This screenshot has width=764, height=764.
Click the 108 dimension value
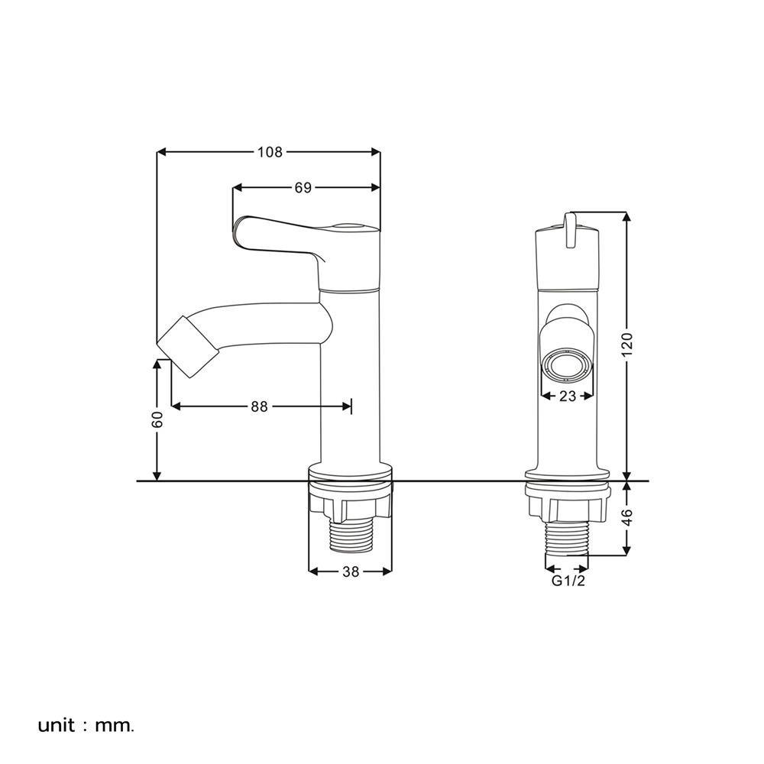point(270,153)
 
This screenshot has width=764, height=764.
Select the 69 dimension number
point(303,188)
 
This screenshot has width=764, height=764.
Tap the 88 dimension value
point(259,406)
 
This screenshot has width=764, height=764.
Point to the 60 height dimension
point(157,419)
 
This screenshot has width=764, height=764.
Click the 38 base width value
point(351,571)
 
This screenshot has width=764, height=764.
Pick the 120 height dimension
point(627,344)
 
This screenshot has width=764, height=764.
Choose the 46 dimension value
point(627,517)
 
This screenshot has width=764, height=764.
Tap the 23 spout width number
point(568,396)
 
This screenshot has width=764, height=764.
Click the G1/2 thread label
point(568,581)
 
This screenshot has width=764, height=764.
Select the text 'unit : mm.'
point(86,726)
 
